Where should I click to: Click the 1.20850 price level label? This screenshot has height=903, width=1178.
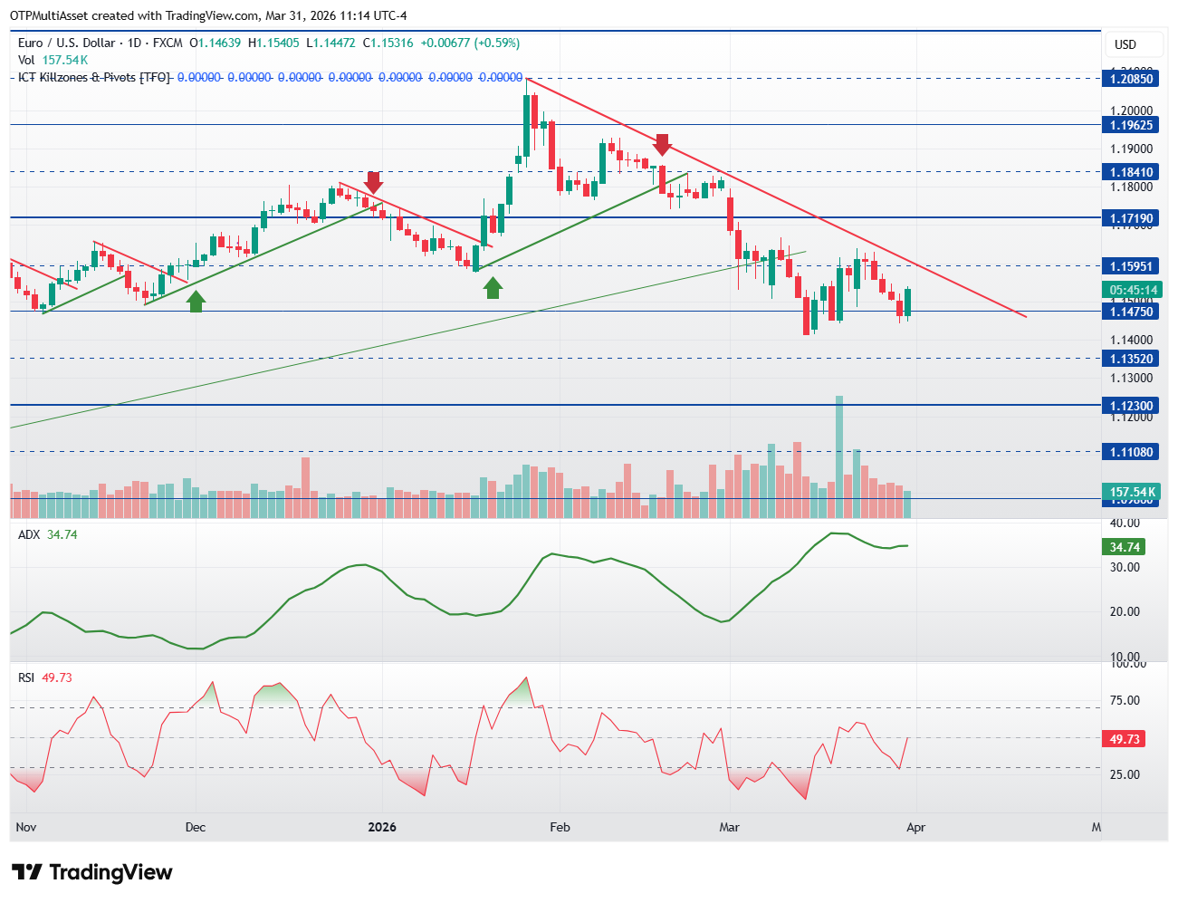click(1131, 79)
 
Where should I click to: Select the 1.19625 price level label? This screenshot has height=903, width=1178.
click(1131, 125)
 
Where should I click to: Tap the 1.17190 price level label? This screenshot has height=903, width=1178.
click(1131, 218)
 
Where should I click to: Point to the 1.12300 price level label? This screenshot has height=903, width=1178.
click(1131, 406)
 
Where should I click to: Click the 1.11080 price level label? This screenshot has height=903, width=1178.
click(1131, 452)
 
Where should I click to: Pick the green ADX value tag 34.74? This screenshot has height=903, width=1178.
click(1125, 547)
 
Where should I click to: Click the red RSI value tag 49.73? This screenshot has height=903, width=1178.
click(1125, 739)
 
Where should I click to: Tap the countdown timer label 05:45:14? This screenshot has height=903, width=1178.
click(1133, 290)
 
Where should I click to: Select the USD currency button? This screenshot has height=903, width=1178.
click(1125, 44)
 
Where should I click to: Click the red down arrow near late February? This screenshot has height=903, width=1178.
click(663, 144)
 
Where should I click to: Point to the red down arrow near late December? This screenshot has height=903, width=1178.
click(373, 181)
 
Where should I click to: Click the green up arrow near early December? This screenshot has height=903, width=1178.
click(196, 302)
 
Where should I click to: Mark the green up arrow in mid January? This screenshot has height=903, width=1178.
click(493, 288)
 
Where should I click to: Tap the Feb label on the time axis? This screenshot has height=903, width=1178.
click(560, 827)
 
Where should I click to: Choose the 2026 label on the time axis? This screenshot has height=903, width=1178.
click(382, 827)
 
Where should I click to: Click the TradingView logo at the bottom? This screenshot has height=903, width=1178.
click(92, 872)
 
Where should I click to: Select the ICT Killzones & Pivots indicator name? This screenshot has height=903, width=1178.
click(94, 77)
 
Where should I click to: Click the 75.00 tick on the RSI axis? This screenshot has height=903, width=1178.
click(1125, 700)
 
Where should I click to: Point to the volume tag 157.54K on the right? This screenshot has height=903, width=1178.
click(1133, 492)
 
